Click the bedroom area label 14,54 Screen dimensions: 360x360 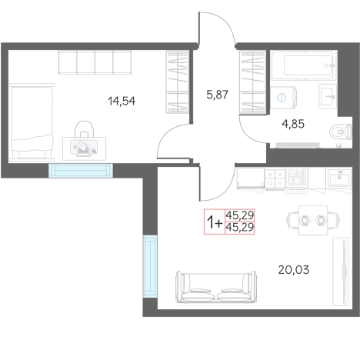122,101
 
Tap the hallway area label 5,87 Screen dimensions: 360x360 217,95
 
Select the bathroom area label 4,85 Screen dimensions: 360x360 293,124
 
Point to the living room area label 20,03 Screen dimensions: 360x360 294,270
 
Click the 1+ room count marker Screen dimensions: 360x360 215,222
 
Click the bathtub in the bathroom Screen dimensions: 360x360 304,65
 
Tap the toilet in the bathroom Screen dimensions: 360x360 341,132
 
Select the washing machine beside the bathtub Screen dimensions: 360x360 283,98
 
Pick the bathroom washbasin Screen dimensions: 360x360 328,96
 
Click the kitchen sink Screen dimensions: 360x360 339,178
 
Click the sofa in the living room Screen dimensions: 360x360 216,287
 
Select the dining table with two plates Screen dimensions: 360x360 313,220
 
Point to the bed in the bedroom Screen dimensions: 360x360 32,122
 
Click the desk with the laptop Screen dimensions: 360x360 84,148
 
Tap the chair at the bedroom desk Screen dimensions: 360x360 84,129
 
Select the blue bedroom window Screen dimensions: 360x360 81,170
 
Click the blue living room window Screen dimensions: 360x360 150,266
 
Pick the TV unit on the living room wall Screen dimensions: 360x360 341,272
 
